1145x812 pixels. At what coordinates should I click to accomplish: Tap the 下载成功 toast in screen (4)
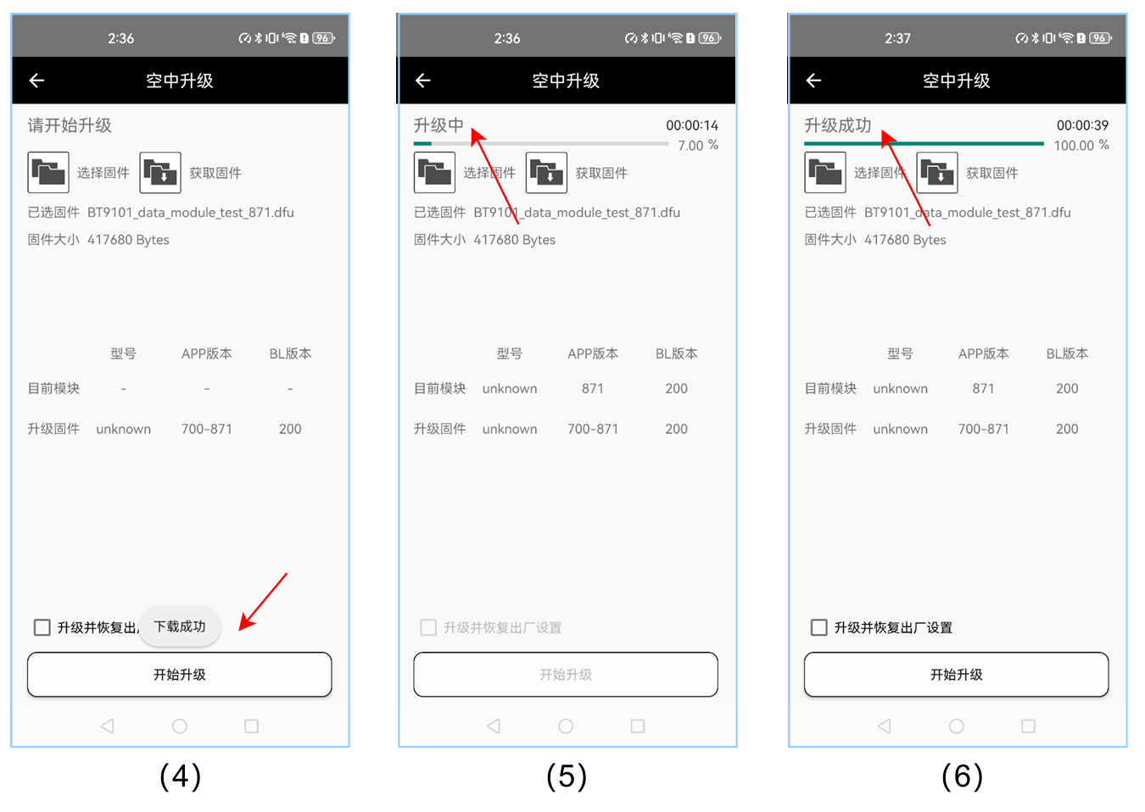click(180, 626)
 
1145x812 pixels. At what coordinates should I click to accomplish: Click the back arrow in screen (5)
click(422, 81)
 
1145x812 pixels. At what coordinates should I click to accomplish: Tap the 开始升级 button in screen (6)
click(956, 674)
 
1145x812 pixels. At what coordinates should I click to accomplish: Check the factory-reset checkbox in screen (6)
click(818, 627)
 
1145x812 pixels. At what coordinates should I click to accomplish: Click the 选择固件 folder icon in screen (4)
click(48, 172)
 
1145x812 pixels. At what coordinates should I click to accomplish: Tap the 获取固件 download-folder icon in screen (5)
click(546, 172)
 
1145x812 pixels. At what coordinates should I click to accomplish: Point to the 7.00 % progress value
click(698, 146)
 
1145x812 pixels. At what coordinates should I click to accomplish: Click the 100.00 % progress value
click(1081, 146)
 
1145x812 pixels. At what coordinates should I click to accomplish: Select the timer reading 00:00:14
click(691, 125)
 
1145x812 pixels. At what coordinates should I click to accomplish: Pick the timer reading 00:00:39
click(1082, 125)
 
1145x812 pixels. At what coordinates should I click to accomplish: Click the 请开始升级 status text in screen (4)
click(70, 125)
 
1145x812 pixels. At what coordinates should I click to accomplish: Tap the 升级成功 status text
click(837, 125)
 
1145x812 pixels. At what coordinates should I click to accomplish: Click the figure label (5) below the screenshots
click(567, 776)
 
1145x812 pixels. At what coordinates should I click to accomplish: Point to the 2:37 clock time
click(897, 38)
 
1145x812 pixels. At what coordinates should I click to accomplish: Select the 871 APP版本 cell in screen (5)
click(593, 389)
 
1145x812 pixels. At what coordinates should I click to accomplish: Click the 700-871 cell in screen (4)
click(206, 429)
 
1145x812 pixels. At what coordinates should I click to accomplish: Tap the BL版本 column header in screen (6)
click(1067, 353)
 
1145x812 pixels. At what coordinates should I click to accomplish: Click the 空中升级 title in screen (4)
click(180, 81)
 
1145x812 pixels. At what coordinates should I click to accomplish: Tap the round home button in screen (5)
click(566, 726)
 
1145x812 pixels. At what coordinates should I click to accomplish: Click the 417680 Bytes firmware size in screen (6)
click(905, 240)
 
